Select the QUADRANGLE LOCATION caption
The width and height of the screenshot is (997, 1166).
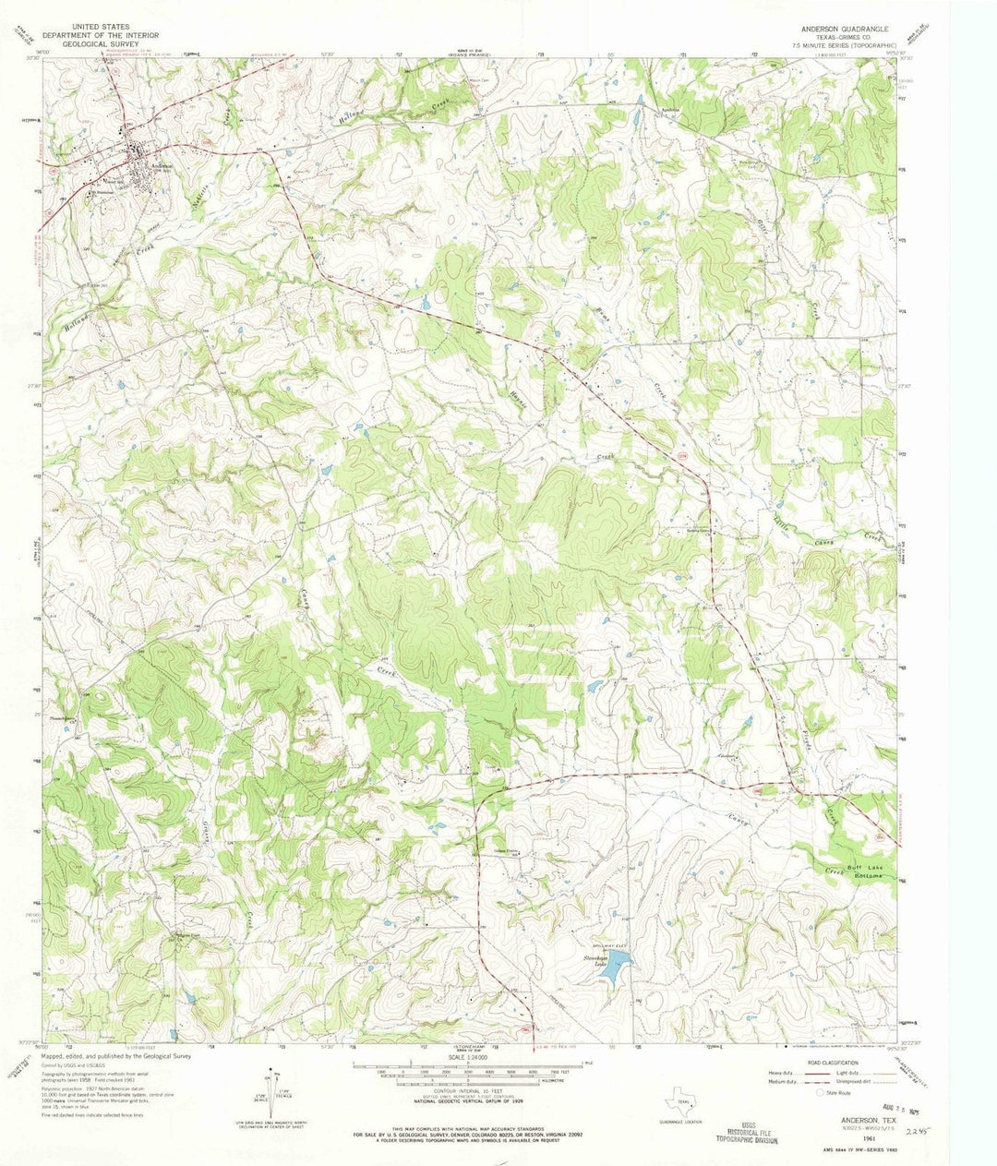click(683, 1122)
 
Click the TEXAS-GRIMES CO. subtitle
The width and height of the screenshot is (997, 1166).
click(848, 38)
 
